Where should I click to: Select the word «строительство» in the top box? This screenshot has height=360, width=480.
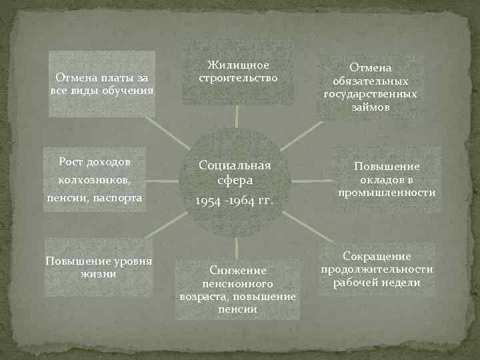point(238,77)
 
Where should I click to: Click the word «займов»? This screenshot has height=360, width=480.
point(371,107)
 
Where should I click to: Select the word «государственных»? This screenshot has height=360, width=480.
point(371,94)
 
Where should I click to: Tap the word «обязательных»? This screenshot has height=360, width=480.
point(371,81)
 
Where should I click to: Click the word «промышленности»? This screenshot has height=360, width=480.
point(387,193)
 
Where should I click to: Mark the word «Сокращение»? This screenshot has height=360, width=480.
point(377,257)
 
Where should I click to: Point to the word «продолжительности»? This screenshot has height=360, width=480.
point(377,269)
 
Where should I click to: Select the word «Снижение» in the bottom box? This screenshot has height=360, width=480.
point(238,271)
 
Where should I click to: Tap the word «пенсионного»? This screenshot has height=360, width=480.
point(238,283)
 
